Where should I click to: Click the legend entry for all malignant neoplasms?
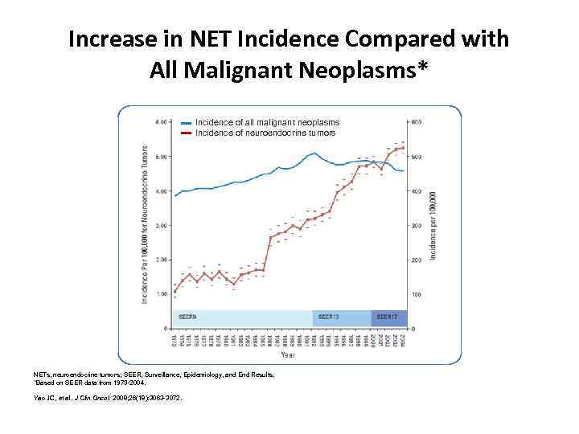267,122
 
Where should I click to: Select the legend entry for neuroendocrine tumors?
265,133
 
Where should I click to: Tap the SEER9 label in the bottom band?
188,317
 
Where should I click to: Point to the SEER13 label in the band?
328,317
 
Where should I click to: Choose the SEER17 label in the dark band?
387,317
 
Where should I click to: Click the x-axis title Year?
287,354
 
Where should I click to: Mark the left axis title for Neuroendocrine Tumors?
145,224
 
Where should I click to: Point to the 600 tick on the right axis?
417,122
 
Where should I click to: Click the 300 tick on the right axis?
417,226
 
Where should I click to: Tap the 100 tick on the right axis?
417,295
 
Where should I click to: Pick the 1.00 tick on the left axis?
161,294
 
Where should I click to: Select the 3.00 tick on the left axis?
161,226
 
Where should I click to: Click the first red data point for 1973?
175,291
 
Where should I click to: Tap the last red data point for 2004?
402,148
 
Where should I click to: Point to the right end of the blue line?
403,171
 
